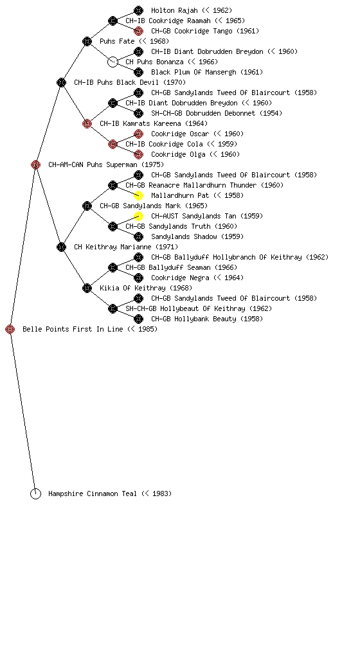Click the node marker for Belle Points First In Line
pyautogui.click(x=10, y=330)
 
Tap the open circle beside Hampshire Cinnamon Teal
pyautogui.click(x=35, y=494)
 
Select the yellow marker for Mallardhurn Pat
pyautogui.click(x=138, y=195)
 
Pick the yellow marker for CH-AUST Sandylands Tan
pyautogui.click(x=138, y=216)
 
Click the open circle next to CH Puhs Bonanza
pyautogui.click(x=113, y=62)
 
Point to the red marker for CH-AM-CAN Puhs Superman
pyautogui.click(x=35, y=165)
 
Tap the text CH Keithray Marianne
pyautogui.click(x=113, y=247)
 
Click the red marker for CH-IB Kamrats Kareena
pyautogui.click(x=87, y=124)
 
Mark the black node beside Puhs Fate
pyautogui.click(x=87, y=42)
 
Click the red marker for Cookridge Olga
pyautogui.click(x=138, y=154)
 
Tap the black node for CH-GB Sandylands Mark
pyautogui.click(x=87, y=206)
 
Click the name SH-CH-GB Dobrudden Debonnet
pyautogui.click(x=203, y=113)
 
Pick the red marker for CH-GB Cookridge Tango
pyautogui.click(x=138, y=31)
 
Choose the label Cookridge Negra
pyautogui.click(x=180, y=278)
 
